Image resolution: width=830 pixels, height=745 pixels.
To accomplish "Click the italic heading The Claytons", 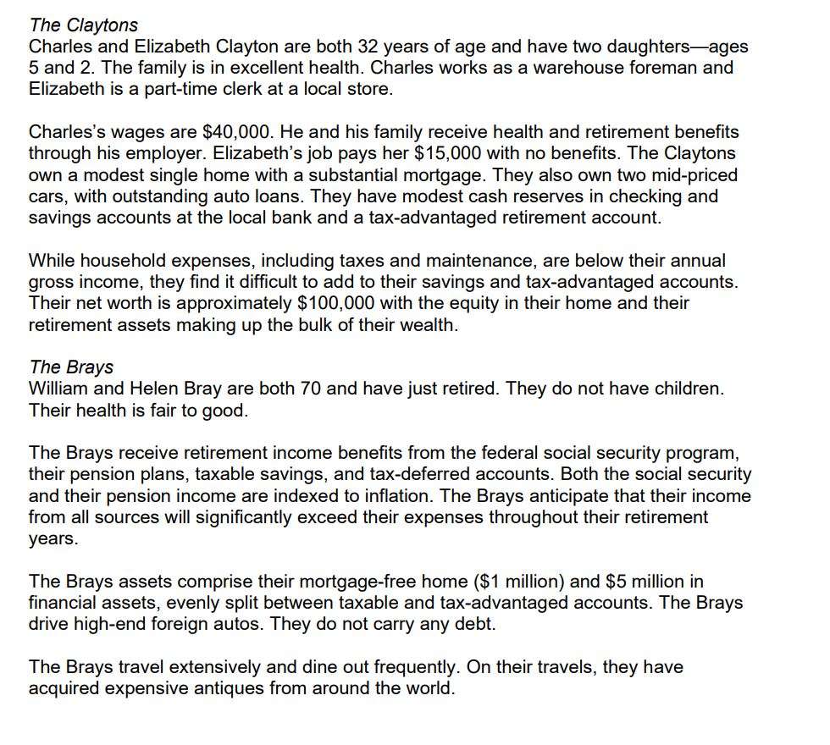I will [x=83, y=25].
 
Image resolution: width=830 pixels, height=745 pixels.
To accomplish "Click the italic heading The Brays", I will [x=70, y=367].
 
